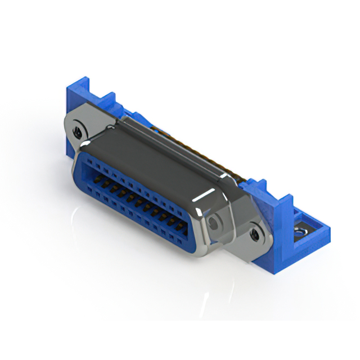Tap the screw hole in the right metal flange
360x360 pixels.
[255, 232]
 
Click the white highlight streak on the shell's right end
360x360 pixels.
[205, 197]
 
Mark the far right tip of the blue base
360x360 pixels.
[327, 235]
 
